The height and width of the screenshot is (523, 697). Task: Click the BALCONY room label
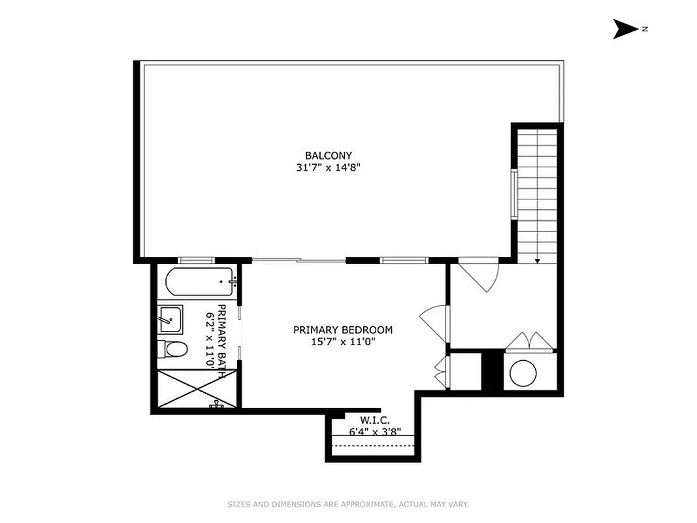(x=328, y=156)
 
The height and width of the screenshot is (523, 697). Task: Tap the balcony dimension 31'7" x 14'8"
(x=328, y=167)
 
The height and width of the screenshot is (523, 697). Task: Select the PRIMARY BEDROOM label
(x=342, y=330)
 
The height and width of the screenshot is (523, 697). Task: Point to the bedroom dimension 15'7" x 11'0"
(x=342, y=341)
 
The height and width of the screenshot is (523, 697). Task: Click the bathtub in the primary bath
(x=199, y=282)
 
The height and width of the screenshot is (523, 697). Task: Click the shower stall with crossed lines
(x=196, y=390)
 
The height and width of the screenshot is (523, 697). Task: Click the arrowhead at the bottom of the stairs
(x=537, y=261)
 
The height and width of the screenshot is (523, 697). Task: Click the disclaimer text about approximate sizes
(x=348, y=504)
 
